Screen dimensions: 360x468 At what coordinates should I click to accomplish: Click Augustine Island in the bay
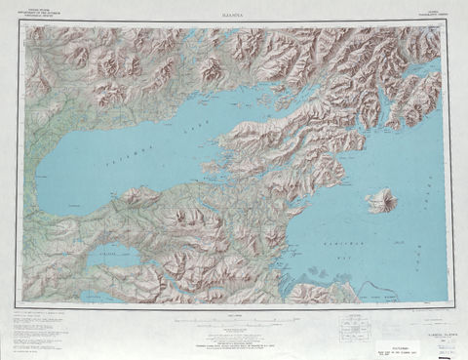click(380, 201)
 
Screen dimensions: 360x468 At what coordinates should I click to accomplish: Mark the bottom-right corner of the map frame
click(450, 304)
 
